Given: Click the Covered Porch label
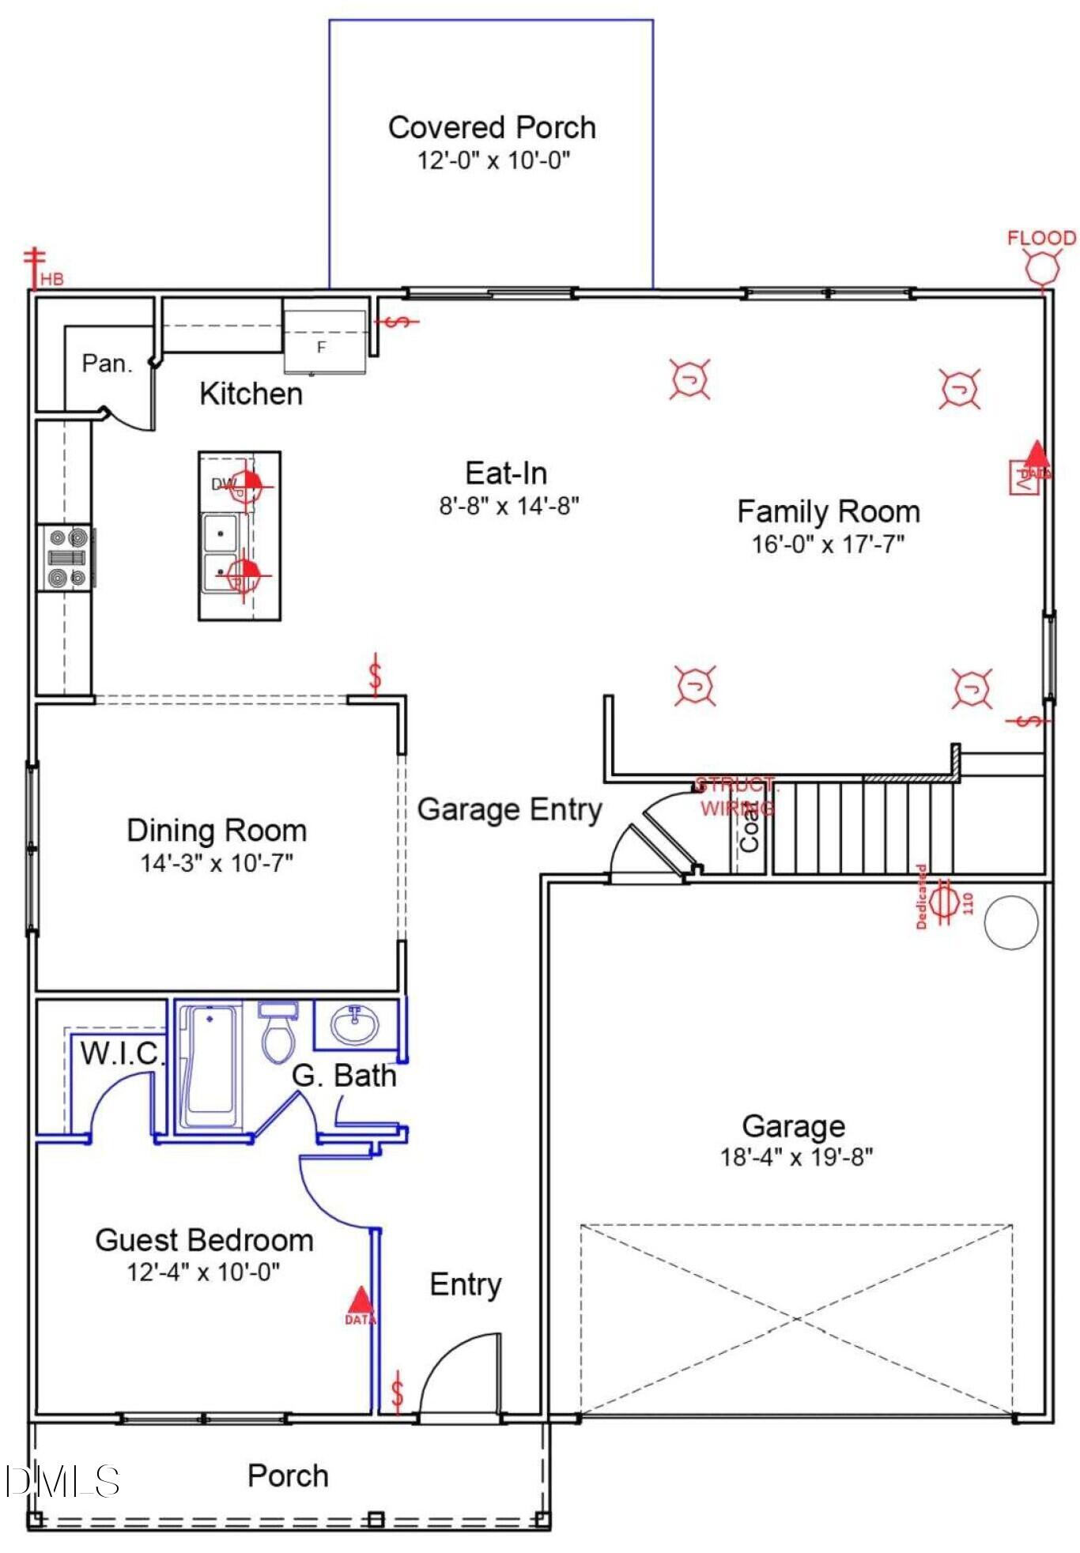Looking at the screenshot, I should pyautogui.click(x=491, y=127).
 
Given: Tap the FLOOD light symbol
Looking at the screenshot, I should pyautogui.click(x=1041, y=266).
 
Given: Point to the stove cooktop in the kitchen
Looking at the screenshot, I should pyautogui.click(x=67, y=558).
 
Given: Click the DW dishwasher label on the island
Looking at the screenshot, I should pyautogui.click(x=223, y=484).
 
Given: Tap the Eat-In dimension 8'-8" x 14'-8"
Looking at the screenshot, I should pyautogui.click(x=509, y=506).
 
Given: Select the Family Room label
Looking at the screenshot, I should pyautogui.click(x=828, y=511).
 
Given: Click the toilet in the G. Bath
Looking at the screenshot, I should pyautogui.click(x=278, y=1032).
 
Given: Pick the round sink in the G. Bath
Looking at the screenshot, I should pyautogui.click(x=355, y=1026).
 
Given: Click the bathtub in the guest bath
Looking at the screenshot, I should pyautogui.click(x=209, y=1065).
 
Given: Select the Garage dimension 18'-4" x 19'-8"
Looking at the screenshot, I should pyautogui.click(x=795, y=1158).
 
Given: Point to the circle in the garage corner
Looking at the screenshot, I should pyautogui.click(x=1010, y=922).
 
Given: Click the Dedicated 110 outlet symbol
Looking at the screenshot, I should pyautogui.click(x=942, y=901).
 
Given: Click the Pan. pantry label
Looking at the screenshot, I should pyautogui.click(x=107, y=364).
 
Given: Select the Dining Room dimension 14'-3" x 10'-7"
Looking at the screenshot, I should pyautogui.click(x=217, y=863).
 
